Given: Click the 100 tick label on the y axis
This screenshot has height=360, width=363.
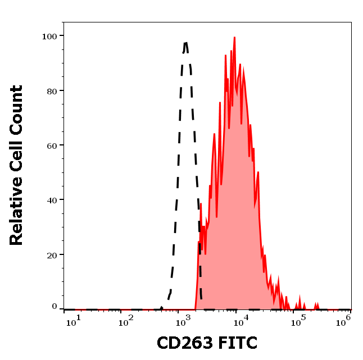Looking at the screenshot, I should pos(49,36).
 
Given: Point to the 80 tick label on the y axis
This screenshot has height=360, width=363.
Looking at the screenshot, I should pos(51,90).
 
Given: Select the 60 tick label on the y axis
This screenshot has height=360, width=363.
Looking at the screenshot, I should pos(51,145).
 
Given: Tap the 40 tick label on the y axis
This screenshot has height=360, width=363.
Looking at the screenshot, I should pos(51,200).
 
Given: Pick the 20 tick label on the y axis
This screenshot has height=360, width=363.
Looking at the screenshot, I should pos(51,254).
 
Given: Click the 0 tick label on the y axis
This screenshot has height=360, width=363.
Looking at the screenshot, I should pos(55,307).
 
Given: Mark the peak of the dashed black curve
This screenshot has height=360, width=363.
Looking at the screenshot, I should pos(185,42).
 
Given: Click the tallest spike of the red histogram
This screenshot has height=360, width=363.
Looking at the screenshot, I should pos(234,38).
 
